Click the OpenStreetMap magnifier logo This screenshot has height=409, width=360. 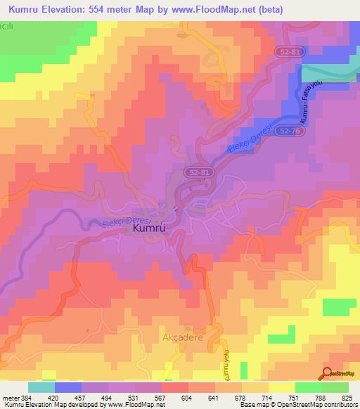click(328, 374)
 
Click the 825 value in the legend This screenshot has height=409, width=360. click(347, 397)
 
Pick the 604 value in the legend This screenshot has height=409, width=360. click(187, 397)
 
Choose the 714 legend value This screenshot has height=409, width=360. click(267, 397)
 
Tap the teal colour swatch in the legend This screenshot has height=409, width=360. click(41, 387)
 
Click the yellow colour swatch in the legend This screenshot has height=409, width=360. click(281, 387)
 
